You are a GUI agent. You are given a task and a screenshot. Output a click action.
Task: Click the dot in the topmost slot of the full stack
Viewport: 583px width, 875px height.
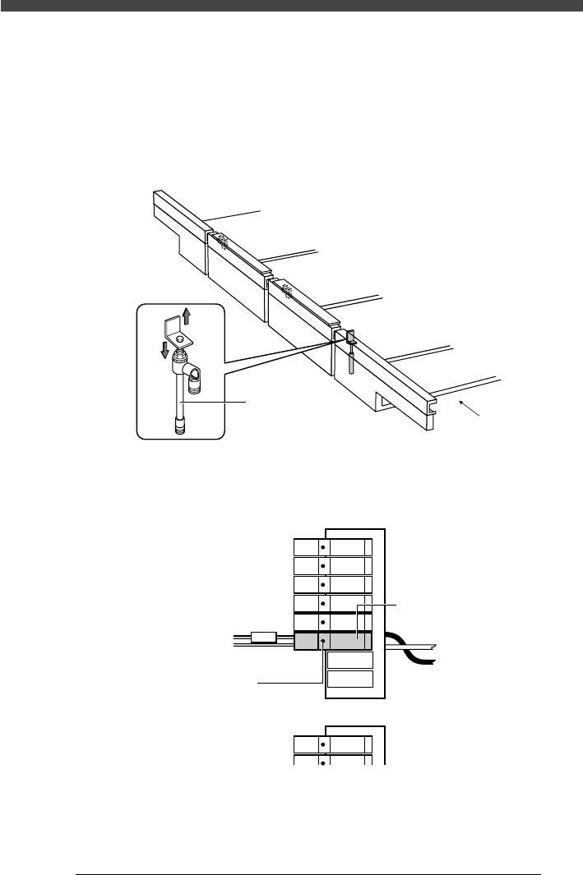(322, 546)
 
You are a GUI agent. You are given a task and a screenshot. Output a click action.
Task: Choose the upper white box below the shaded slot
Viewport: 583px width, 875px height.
(350, 660)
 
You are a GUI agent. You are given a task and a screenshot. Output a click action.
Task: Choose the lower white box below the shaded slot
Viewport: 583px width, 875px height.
(350, 679)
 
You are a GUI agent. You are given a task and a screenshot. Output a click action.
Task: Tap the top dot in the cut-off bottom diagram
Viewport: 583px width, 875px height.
(322, 744)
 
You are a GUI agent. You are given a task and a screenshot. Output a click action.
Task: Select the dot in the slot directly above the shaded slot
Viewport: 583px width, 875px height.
(322, 623)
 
